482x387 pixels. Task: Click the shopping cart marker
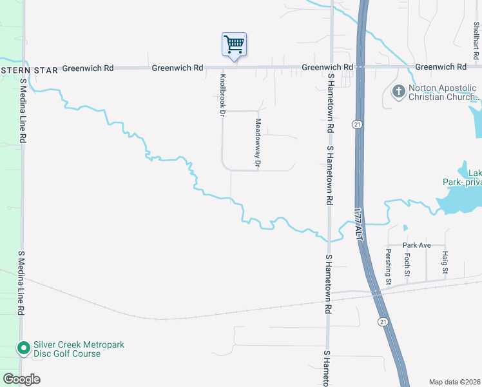tap(234, 45)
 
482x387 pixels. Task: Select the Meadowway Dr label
tap(257, 144)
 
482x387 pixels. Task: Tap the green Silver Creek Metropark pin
tap(24, 349)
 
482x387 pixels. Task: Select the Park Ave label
tap(416, 245)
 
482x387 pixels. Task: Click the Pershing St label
tap(389, 265)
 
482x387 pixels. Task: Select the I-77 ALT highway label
tap(358, 224)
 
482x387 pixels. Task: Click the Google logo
tap(21, 379)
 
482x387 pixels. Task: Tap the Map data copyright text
tap(454, 382)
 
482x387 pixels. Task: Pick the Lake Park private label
tap(462, 177)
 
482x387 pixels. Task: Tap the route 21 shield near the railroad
tap(383, 321)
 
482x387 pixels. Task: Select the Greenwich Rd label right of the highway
tap(441, 67)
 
